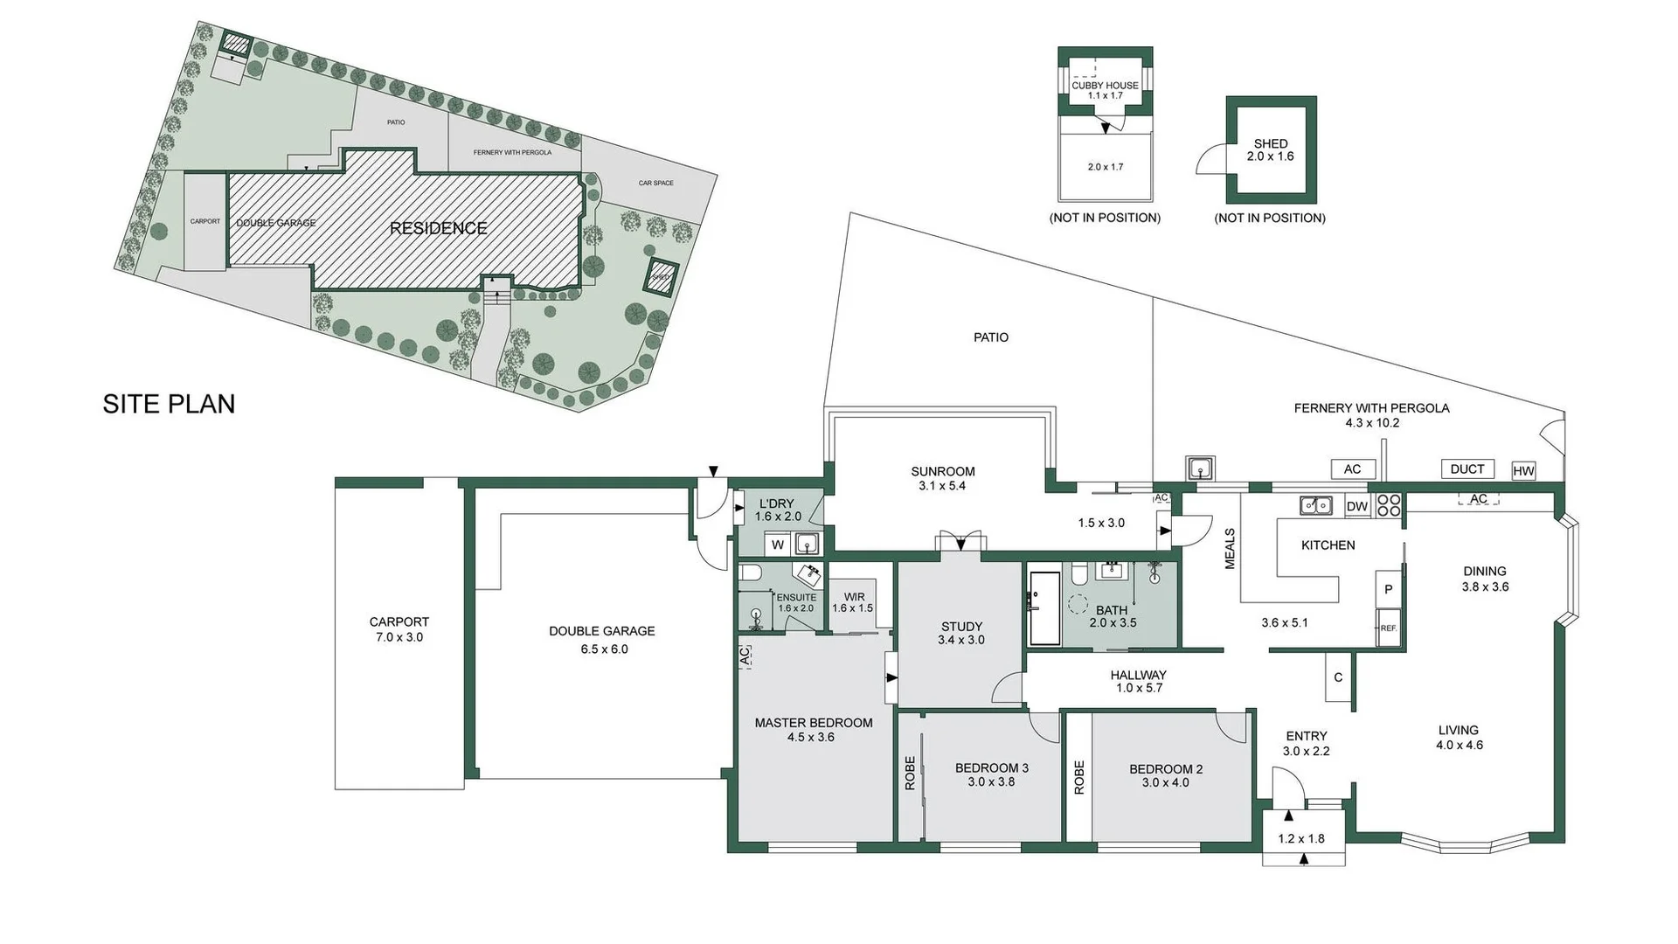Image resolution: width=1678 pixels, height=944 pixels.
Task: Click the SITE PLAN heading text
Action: click(x=169, y=404)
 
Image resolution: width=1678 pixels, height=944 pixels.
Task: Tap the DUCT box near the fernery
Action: click(x=1467, y=469)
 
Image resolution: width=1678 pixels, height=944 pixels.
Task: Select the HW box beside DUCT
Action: click(x=1523, y=471)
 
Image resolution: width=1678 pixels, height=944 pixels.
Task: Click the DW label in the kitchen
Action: click(x=1356, y=507)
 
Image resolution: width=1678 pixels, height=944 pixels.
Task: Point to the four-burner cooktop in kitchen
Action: click(x=1389, y=506)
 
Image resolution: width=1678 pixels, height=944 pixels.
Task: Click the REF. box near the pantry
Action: click(x=1388, y=628)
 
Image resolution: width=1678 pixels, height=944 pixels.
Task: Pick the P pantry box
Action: click(x=1388, y=590)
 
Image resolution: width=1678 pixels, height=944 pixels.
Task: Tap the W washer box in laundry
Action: click(x=777, y=545)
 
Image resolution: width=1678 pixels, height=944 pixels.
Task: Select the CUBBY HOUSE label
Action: click(x=1105, y=86)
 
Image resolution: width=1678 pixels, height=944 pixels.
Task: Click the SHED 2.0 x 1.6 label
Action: click(x=1270, y=149)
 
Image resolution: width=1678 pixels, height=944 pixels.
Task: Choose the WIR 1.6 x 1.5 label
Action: click(x=853, y=603)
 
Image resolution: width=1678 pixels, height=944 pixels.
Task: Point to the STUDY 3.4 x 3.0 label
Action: click(x=961, y=633)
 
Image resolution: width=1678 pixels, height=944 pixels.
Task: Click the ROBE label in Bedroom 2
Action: click(x=1078, y=777)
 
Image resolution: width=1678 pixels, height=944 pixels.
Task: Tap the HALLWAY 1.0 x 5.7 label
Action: click(x=1138, y=681)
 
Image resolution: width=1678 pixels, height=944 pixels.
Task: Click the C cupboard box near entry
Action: click(x=1338, y=677)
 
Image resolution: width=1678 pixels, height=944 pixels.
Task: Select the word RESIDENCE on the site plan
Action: click(x=438, y=228)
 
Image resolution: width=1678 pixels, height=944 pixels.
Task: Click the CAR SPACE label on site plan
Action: click(x=655, y=184)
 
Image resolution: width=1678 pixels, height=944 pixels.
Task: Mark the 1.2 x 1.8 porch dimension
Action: click(x=1300, y=838)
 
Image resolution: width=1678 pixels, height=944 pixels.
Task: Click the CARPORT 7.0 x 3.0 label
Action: click(x=399, y=629)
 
